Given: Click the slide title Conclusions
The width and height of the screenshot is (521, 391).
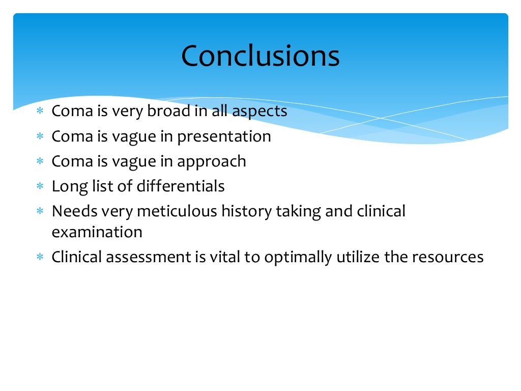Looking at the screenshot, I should point(260,56).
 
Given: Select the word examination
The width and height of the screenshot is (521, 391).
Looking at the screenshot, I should point(97,232).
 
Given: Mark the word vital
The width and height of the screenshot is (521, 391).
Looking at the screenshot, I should point(224,257).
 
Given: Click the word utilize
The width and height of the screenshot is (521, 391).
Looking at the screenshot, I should point(356,257).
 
